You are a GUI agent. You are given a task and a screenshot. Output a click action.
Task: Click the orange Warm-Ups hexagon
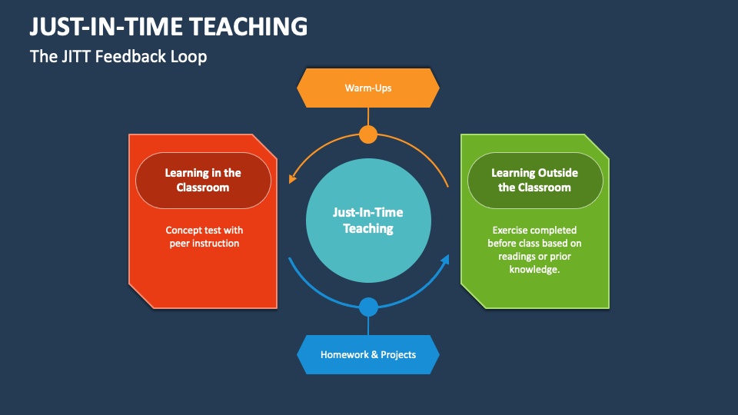pyautogui.click(x=368, y=88)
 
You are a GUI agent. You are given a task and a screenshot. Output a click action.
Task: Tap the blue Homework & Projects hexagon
pyautogui.click(x=368, y=354)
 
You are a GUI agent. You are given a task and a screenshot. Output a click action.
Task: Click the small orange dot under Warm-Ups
pyautogui.click(x=368, y=134)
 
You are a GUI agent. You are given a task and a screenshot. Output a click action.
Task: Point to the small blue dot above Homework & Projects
pyautogui.click(x=368, y=307)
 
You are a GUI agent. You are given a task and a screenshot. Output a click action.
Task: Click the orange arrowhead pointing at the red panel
pyautogui.click(x=292, y=179)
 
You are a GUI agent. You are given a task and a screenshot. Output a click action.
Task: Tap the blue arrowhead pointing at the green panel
pyautogui.click(x=444, y=261)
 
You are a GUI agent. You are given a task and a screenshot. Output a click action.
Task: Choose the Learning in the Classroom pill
pyautogui.click(x=203, y=180)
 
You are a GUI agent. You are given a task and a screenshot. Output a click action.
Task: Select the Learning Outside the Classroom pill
pyautogui.click(x=534, y=180)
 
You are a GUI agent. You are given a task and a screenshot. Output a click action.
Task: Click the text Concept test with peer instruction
pyautogui.click(x=204, y=237)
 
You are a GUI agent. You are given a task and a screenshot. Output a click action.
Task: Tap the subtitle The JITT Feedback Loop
pyautogui.click(x=118, y=56)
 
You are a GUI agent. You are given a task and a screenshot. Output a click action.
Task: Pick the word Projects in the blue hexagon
pyautogui.click(x=397, y=354)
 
